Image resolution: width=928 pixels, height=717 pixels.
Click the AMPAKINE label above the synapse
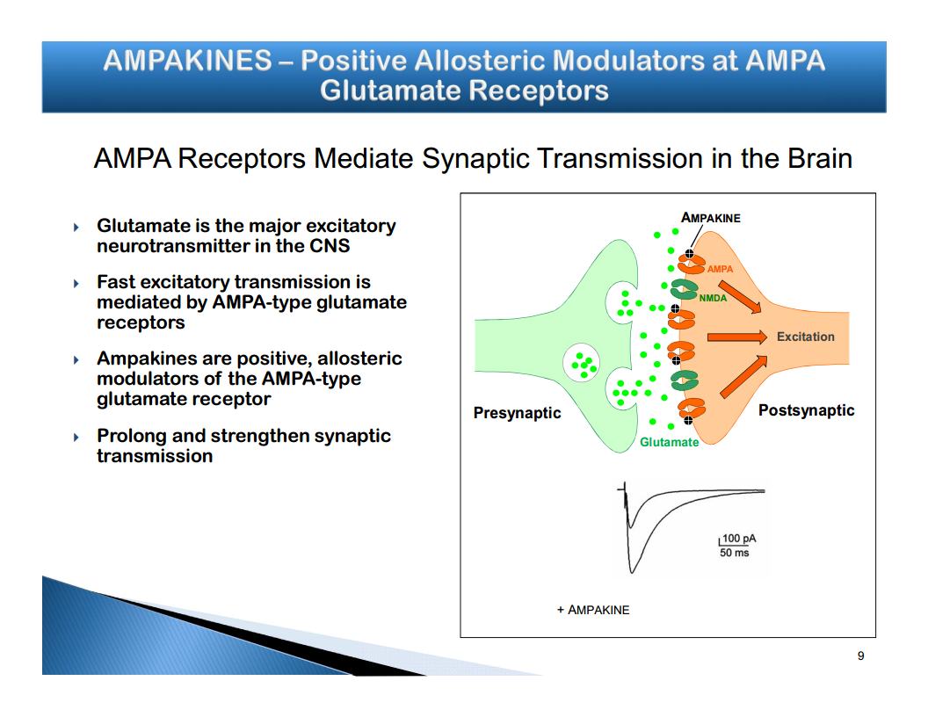click(x=710, y=218)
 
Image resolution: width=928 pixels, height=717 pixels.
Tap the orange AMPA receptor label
click(x=720, y=269)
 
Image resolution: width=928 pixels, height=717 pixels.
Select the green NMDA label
click(x=713, y=299)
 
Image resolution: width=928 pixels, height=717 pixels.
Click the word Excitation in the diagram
click(x=805, y=337)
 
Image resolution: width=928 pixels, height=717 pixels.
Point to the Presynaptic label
click(x=517, y=412)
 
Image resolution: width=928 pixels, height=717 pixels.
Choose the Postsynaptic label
click(x=806, y=410)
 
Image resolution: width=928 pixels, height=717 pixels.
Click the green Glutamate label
click(x=669, y=442)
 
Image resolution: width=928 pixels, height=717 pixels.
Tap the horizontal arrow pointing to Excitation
click(x=736, y=337)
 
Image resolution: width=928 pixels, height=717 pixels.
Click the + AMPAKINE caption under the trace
click(x=593, y=610)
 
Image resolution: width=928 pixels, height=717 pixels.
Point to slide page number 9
click(x=860, y=655)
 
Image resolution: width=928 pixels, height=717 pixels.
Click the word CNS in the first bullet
click(x=329, y=246)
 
